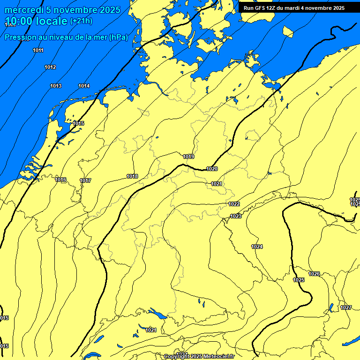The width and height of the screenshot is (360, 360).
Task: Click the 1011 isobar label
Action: point(38,50)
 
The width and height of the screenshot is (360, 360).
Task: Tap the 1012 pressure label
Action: point(50,67)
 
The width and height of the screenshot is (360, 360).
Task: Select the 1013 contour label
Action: point(56,86)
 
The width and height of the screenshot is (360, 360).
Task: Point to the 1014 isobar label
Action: point(84,86)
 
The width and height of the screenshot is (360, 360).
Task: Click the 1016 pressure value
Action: point(60,180)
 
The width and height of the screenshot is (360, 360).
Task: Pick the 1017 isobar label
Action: point(85,180)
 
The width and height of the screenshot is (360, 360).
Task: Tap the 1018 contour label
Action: point(132,176)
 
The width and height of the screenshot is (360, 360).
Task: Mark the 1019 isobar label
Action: point(188,157)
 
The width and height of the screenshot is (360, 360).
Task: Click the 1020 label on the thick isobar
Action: point(212,169)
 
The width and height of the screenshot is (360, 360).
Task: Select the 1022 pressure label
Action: point(234,204)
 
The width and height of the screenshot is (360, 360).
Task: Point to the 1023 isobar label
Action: point(236,216)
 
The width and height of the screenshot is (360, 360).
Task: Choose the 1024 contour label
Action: point(257,247)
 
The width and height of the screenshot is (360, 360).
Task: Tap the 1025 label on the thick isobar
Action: point(299,280)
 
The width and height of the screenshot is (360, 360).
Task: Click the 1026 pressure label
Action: point(314,274)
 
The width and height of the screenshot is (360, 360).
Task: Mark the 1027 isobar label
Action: point(346,307)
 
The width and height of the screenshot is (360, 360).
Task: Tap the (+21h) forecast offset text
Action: point(81,21)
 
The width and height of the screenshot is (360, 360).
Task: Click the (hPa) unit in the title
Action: point(118,37)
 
